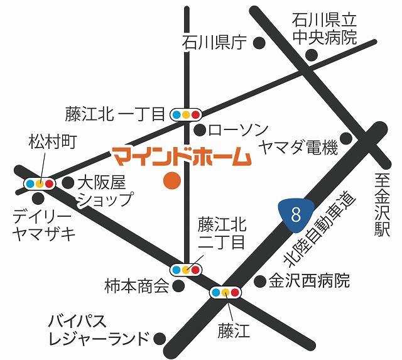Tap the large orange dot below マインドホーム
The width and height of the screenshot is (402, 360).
click(x=171, y=181)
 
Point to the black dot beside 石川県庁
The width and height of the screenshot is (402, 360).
click(x=258, y=43)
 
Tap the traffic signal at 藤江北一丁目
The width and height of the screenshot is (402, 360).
click(x=186, y=114)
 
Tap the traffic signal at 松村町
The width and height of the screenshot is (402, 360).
click(x=40, y=183)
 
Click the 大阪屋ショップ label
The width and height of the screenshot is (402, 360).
click(x=104, y=191)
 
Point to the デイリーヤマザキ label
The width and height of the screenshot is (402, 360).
click(x=43, y=225)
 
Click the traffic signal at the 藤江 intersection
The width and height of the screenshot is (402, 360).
click(x=225, y=292)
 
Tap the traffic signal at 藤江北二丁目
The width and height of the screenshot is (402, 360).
click(x=186, y=269)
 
